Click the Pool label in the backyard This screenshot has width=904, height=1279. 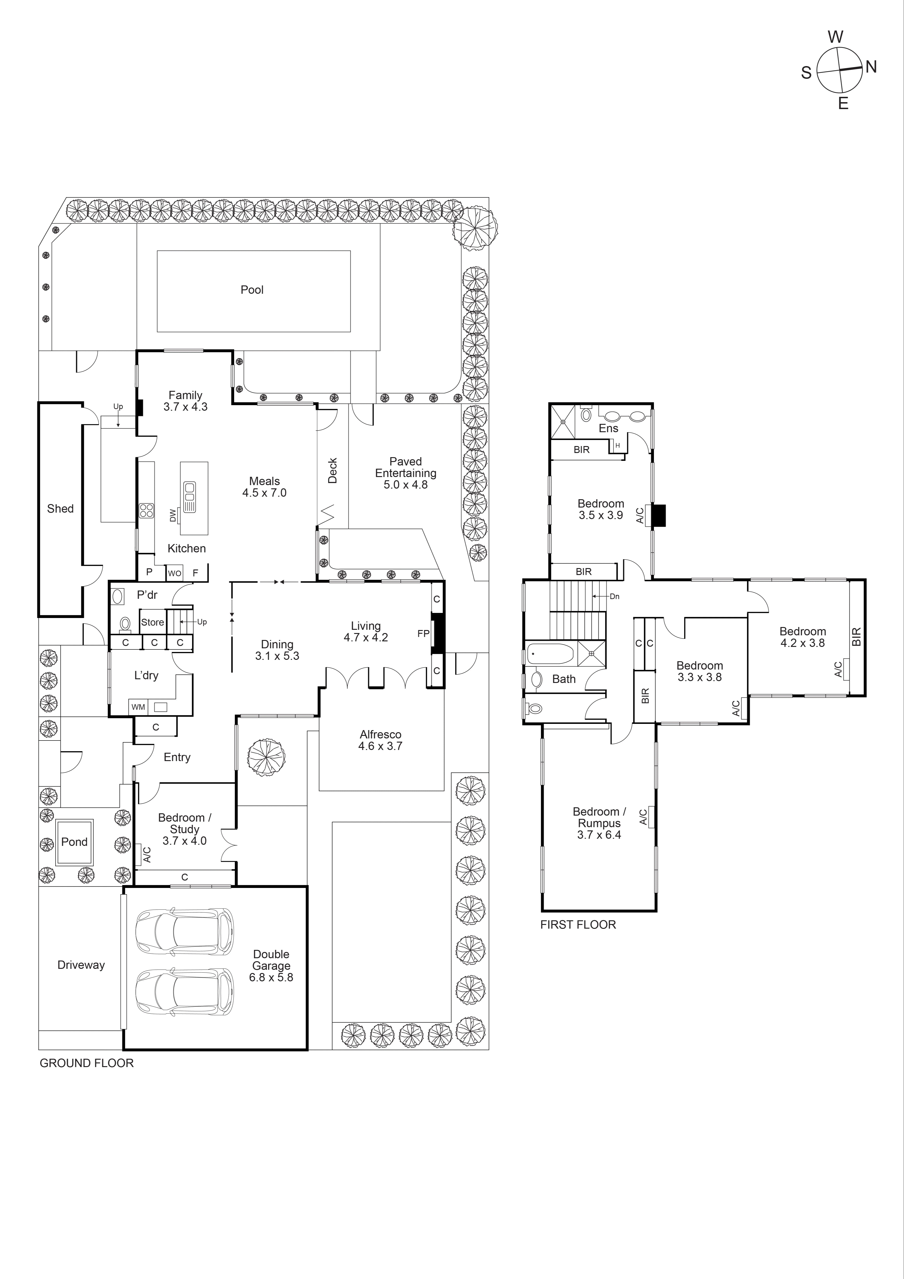tap(252, 290)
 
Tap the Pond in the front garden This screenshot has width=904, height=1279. tap(74, 842)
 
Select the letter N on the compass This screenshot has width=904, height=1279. tap(871, 67)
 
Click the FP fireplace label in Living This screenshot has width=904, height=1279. tap(423, 633)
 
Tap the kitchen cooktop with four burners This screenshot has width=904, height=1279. tap(146, 510)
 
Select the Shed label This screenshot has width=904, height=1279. tap(60, 509)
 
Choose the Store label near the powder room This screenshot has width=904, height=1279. tap(152, 622)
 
